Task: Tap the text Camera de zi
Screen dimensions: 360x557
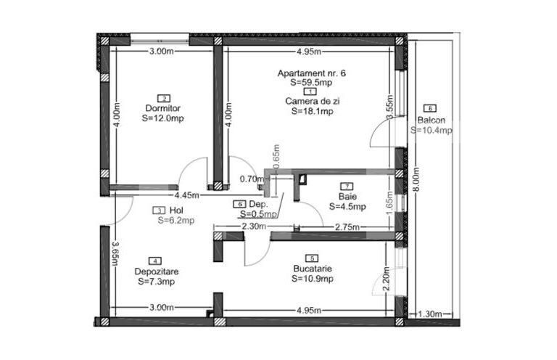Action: (x=312, y=102)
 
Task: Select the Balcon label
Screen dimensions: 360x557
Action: (x=431, y=120)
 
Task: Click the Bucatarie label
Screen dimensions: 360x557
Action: (x=312, y=268)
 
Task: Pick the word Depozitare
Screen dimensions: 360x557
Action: (x=156, y=271)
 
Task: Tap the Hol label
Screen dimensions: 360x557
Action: (x=168, y=210)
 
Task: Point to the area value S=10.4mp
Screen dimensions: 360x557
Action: (x=431, y=131)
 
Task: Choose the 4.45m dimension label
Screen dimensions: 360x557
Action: (x=186, y=195)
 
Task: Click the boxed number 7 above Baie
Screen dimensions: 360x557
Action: (x=347, y=187)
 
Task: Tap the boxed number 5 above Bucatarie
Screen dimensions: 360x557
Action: (x=312, y=258)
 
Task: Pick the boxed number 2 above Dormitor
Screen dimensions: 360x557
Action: (x=164, y=98)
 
